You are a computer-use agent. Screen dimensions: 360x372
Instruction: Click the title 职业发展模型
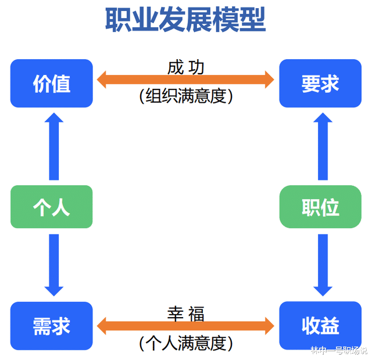pos(185,20)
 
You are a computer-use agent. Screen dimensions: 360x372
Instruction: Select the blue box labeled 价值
pos(52,84)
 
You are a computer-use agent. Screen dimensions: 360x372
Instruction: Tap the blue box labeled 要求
pos(320,84)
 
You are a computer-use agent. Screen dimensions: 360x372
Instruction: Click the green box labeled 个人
pos(52,207)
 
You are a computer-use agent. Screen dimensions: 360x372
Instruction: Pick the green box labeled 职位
pos(320,207)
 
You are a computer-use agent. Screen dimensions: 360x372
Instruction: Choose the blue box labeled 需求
pos(52,326)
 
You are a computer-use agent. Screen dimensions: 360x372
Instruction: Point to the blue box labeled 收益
pos(320,326)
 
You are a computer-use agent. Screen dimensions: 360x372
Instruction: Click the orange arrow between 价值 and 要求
pos(185,80)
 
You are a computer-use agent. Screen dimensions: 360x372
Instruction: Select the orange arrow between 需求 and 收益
pos(185,326)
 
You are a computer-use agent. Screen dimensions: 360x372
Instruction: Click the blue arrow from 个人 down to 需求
pos(53,264)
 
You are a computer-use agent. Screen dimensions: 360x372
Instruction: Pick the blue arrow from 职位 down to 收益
pos(323,264)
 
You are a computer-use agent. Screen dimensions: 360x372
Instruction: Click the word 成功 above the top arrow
pos(185,66)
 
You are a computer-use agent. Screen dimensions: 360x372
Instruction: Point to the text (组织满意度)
pos(185,96)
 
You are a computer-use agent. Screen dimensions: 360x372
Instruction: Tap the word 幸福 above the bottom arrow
pos(185,313)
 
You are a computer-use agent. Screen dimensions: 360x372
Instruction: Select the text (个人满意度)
pos(185,343)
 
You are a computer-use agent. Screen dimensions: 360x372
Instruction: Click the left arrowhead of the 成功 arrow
pos(103,80)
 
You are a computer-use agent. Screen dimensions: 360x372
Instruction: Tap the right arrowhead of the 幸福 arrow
pos(269,326)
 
